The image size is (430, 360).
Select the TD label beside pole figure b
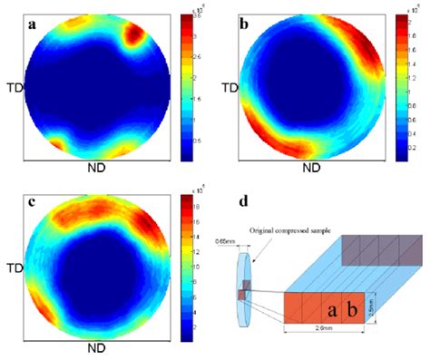click(227, 91)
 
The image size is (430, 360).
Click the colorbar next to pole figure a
click(188, 87)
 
